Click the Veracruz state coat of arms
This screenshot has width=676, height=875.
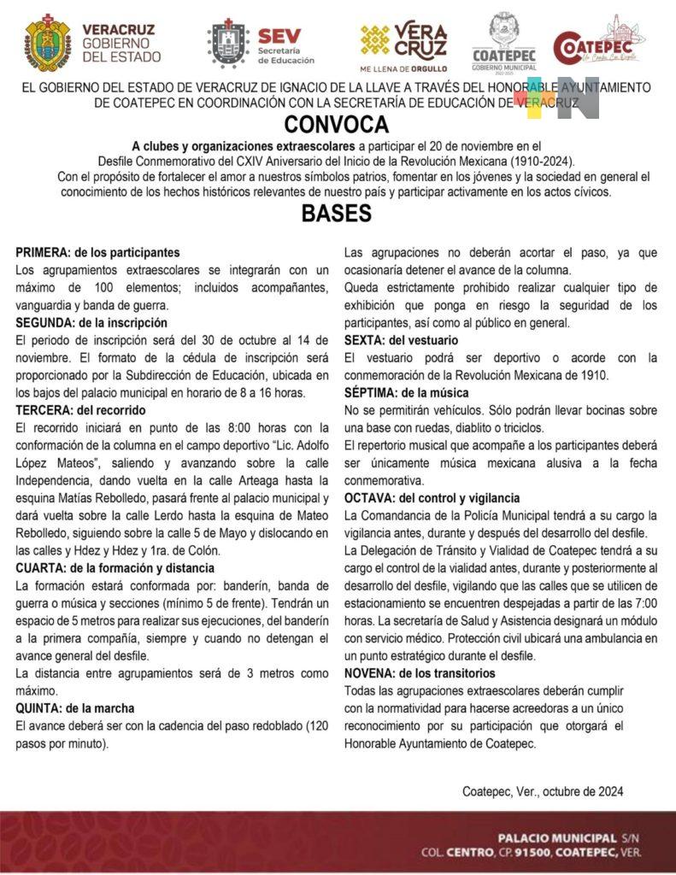pyautogui.click(x=48, y=42)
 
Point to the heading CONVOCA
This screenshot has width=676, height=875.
pyautogui.click(x=337, y=126)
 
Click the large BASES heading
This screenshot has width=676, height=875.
pyautogui.click(x=337, y=214)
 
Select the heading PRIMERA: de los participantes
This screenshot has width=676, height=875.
pyautogui.click(x=97, y=253)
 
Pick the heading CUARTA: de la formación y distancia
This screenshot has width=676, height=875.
pyautogui.click(x=115, y=567)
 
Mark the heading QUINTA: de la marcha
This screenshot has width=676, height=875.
pyautogui.click(x=75, y=708)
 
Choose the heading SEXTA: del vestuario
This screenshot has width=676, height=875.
pyautogui.click(x=401, y=340)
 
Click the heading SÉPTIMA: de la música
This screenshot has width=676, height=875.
pyautogui.click(x=406, y=393)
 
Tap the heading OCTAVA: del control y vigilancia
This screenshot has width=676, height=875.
pyautogui.click(x=432, y=498)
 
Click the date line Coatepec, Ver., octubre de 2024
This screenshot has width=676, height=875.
pyautogui.click(x=543, y=791)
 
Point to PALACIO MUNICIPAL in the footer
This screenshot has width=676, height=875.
pyautogui.click(x=556, y=837)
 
